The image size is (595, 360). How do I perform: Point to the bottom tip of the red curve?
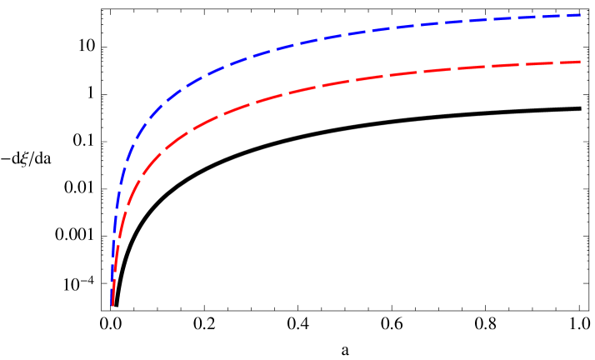[112, 305]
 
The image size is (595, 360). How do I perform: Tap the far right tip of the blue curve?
[581, 15]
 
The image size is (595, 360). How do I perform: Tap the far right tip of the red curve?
[581, 62]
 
